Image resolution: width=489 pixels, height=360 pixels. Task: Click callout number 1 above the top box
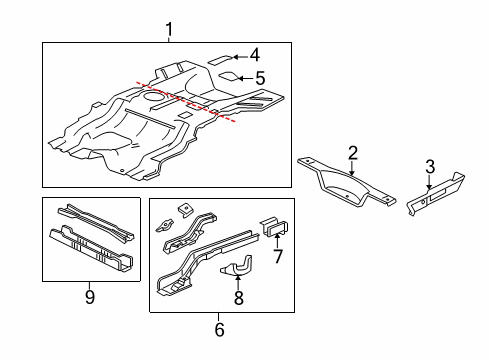tap(169, 30)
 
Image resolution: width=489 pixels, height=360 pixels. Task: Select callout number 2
tap(352, 152)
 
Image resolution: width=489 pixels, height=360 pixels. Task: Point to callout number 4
tap(254, 56)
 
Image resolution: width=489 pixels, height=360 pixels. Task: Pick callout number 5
tap(259, 77)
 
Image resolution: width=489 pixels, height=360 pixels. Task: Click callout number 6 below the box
tap(219, 327)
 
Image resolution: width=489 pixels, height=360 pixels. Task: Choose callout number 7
tap(278, 257)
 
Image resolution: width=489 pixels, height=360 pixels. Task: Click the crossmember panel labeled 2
tap(345, 184)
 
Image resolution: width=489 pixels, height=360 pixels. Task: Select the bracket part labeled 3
tap(437, 191)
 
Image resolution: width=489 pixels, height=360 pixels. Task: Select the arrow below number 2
tap(352, 166)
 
